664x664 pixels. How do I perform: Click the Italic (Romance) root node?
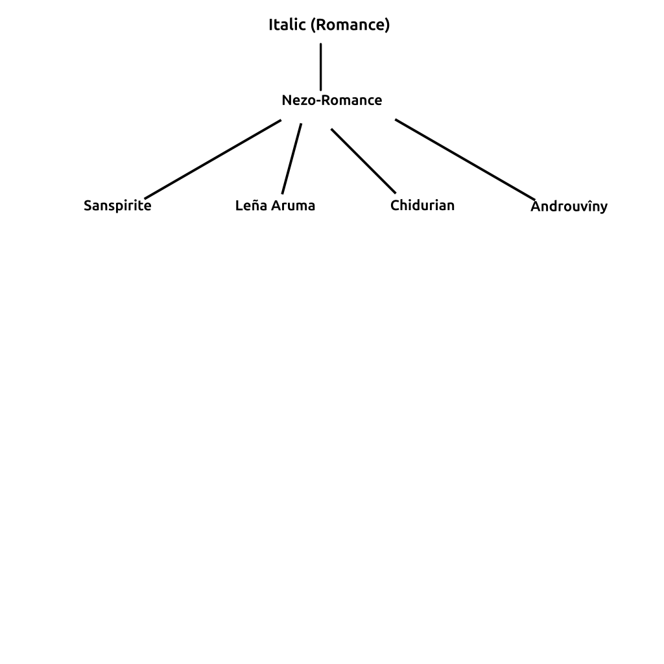pyautogui.click(x=329, y=25)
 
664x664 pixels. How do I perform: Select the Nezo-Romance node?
pyautogui.click(x=332, y=101)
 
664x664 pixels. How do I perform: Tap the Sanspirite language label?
pyautogui.click(x=117, y=206)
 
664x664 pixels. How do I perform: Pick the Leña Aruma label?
pyautogui.click(x=275, y=206)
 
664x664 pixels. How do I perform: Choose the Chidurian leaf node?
pyautogui.click(x=422, y=206)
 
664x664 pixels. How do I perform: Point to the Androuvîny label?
pyautogui.click(x=569, y=206)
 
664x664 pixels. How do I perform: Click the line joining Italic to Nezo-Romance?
pyautogui.click(x=320, y=67)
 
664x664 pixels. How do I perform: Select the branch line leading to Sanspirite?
pyautogui.click(x=213, y=160)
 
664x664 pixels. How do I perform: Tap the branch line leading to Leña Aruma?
pyautogui.click(x=292, y=159)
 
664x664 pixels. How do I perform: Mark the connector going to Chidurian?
pyautogui.click(x=363, y=161)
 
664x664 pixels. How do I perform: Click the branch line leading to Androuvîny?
pyautogui.click(x=465, y=160)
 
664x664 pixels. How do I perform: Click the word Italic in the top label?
pyautogui.click(x=287, y=25)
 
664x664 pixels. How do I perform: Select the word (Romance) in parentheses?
pyautogui.click(x=350, y=25)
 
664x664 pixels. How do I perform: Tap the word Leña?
pyautogui.click(x=251, y=206)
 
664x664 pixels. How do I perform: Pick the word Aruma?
pyautogui.click(x=293, y=206)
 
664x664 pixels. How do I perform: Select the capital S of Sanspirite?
pyautogui.click(x=88, y=206)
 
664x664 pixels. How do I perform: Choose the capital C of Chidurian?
pyautogui.click(x=395, y=206)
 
